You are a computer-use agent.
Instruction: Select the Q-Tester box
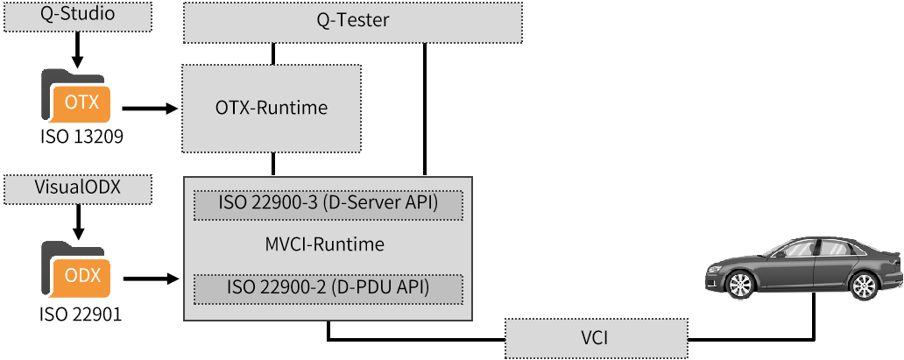pyautogui.click(x=353, y=22)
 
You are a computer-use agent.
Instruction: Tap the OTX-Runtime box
pyautogui.click(x=272, y=108)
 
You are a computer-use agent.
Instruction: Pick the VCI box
pyautogui.click(x=597, y=337)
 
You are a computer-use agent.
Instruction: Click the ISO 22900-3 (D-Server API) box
pyautogui.click(x=328, y=205)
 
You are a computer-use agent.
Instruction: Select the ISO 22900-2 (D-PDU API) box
pyautogui.click(x=328, y=289)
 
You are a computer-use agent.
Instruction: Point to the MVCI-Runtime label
pyautogui.click(x=325, y=244)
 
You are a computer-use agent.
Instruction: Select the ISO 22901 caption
pyautogui.click(x=81, y=314)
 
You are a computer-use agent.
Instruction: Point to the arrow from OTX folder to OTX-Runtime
pyautogui.click(x=150, y=108)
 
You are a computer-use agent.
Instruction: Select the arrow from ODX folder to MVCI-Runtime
pyautogui.click(x=150, y=279)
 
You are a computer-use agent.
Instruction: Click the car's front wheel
pyautogui.click(x=741, y=285)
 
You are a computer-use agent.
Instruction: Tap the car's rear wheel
pyautogui.click(x=864, y=286)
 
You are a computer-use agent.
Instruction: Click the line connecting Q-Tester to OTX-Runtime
pyautogui.click(x=273, y=53)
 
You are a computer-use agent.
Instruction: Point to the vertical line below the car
pyautogui.click(x=814, y=315)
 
